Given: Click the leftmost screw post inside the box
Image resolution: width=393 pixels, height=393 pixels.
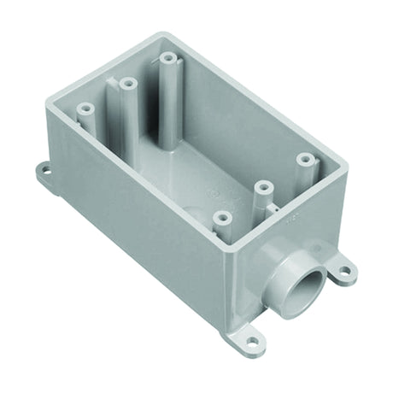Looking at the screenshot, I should click(85, 109).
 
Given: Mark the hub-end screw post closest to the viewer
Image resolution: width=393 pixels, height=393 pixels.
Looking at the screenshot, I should click(221, 219).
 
